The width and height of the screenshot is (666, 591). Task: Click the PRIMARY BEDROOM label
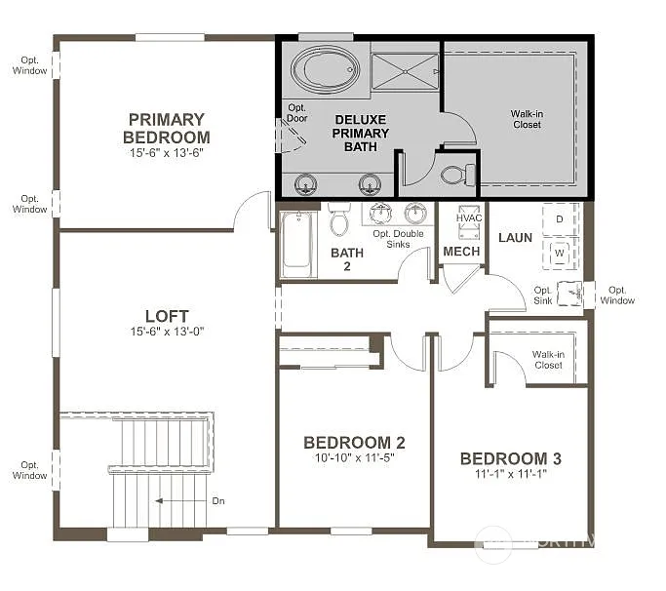point(167,128)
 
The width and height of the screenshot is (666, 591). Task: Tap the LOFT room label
point(167,316)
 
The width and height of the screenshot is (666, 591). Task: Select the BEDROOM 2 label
point(354,443)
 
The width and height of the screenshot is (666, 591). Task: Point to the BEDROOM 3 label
point(510,458)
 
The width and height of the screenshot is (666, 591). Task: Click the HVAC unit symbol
point(469,223)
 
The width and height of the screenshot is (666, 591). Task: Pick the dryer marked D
point(560,219)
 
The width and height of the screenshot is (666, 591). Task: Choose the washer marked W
point(560,253)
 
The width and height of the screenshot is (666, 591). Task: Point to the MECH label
point(461,252)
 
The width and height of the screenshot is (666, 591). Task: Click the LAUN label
point(514,237)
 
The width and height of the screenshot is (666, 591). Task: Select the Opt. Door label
point(295,112)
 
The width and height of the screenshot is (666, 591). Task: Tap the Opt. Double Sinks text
point(398,239)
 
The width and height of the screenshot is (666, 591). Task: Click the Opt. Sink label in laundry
point(543,295)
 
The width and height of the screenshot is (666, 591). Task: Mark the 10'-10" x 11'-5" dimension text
point(354,458)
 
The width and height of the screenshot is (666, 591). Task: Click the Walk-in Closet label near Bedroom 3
point(548,359)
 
